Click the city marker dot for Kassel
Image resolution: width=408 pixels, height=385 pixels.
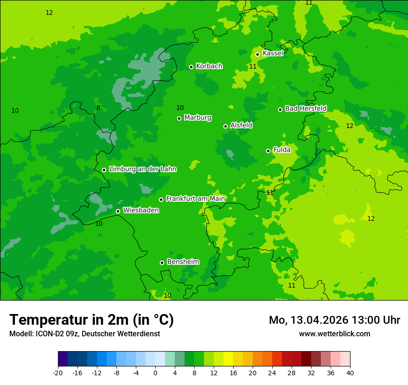258,54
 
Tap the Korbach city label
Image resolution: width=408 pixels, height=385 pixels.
209,66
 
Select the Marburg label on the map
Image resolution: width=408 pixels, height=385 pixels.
198,118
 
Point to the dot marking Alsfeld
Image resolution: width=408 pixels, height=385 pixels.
226,126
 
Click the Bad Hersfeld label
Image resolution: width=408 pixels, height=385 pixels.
306,109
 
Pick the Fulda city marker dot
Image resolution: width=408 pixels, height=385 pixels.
268,151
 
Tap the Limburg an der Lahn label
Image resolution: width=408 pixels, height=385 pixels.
142,169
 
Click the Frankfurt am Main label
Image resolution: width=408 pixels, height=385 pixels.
195,199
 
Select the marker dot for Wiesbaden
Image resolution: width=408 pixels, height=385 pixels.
118,211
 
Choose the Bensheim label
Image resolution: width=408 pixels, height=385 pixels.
183,262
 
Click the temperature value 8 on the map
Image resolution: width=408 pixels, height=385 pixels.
98,108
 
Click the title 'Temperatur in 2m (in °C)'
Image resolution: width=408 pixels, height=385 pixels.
91,320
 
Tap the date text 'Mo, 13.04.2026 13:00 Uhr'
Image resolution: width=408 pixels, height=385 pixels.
334,320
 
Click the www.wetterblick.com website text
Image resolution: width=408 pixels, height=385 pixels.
334,334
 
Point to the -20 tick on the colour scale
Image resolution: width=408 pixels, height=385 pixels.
58,372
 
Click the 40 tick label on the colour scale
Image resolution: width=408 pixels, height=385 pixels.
350,372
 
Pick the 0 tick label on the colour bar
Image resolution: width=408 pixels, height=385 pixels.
155,372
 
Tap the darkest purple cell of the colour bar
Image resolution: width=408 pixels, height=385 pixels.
63,359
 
